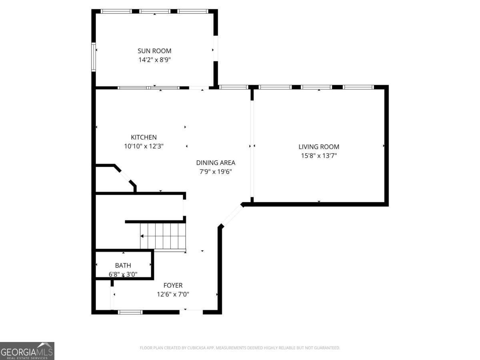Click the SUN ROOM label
click(x=154, y=51)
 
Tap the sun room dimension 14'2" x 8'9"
click(x=154, y=60)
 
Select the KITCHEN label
click(x=144, y=137)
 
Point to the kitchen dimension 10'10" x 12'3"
click(x=144, y=146)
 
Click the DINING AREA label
click(x=216, y=163)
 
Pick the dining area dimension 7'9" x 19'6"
click(x=216, y=172)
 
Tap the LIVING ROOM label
click(x=319, y=147)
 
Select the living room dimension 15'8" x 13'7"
click(x=319, y=156)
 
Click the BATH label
click(x=123, y=265)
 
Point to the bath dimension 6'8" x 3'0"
click(x=123, y=274)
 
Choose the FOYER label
click(x=173, y=285)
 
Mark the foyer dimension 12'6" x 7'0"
click(x=173, y=294)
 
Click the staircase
click(x=163, y=236)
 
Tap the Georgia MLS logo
click(x=27, y=351)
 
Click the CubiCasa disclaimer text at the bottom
click(x=240, y=348)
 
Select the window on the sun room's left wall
click(x=94, y=57)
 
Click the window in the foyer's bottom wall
click(x=130, y=312)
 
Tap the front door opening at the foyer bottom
click(x=191, y=311)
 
